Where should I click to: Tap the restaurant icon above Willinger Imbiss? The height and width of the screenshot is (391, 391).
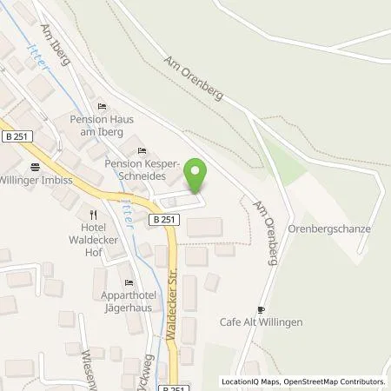34,167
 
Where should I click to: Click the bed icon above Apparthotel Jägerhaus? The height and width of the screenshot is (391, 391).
129,282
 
